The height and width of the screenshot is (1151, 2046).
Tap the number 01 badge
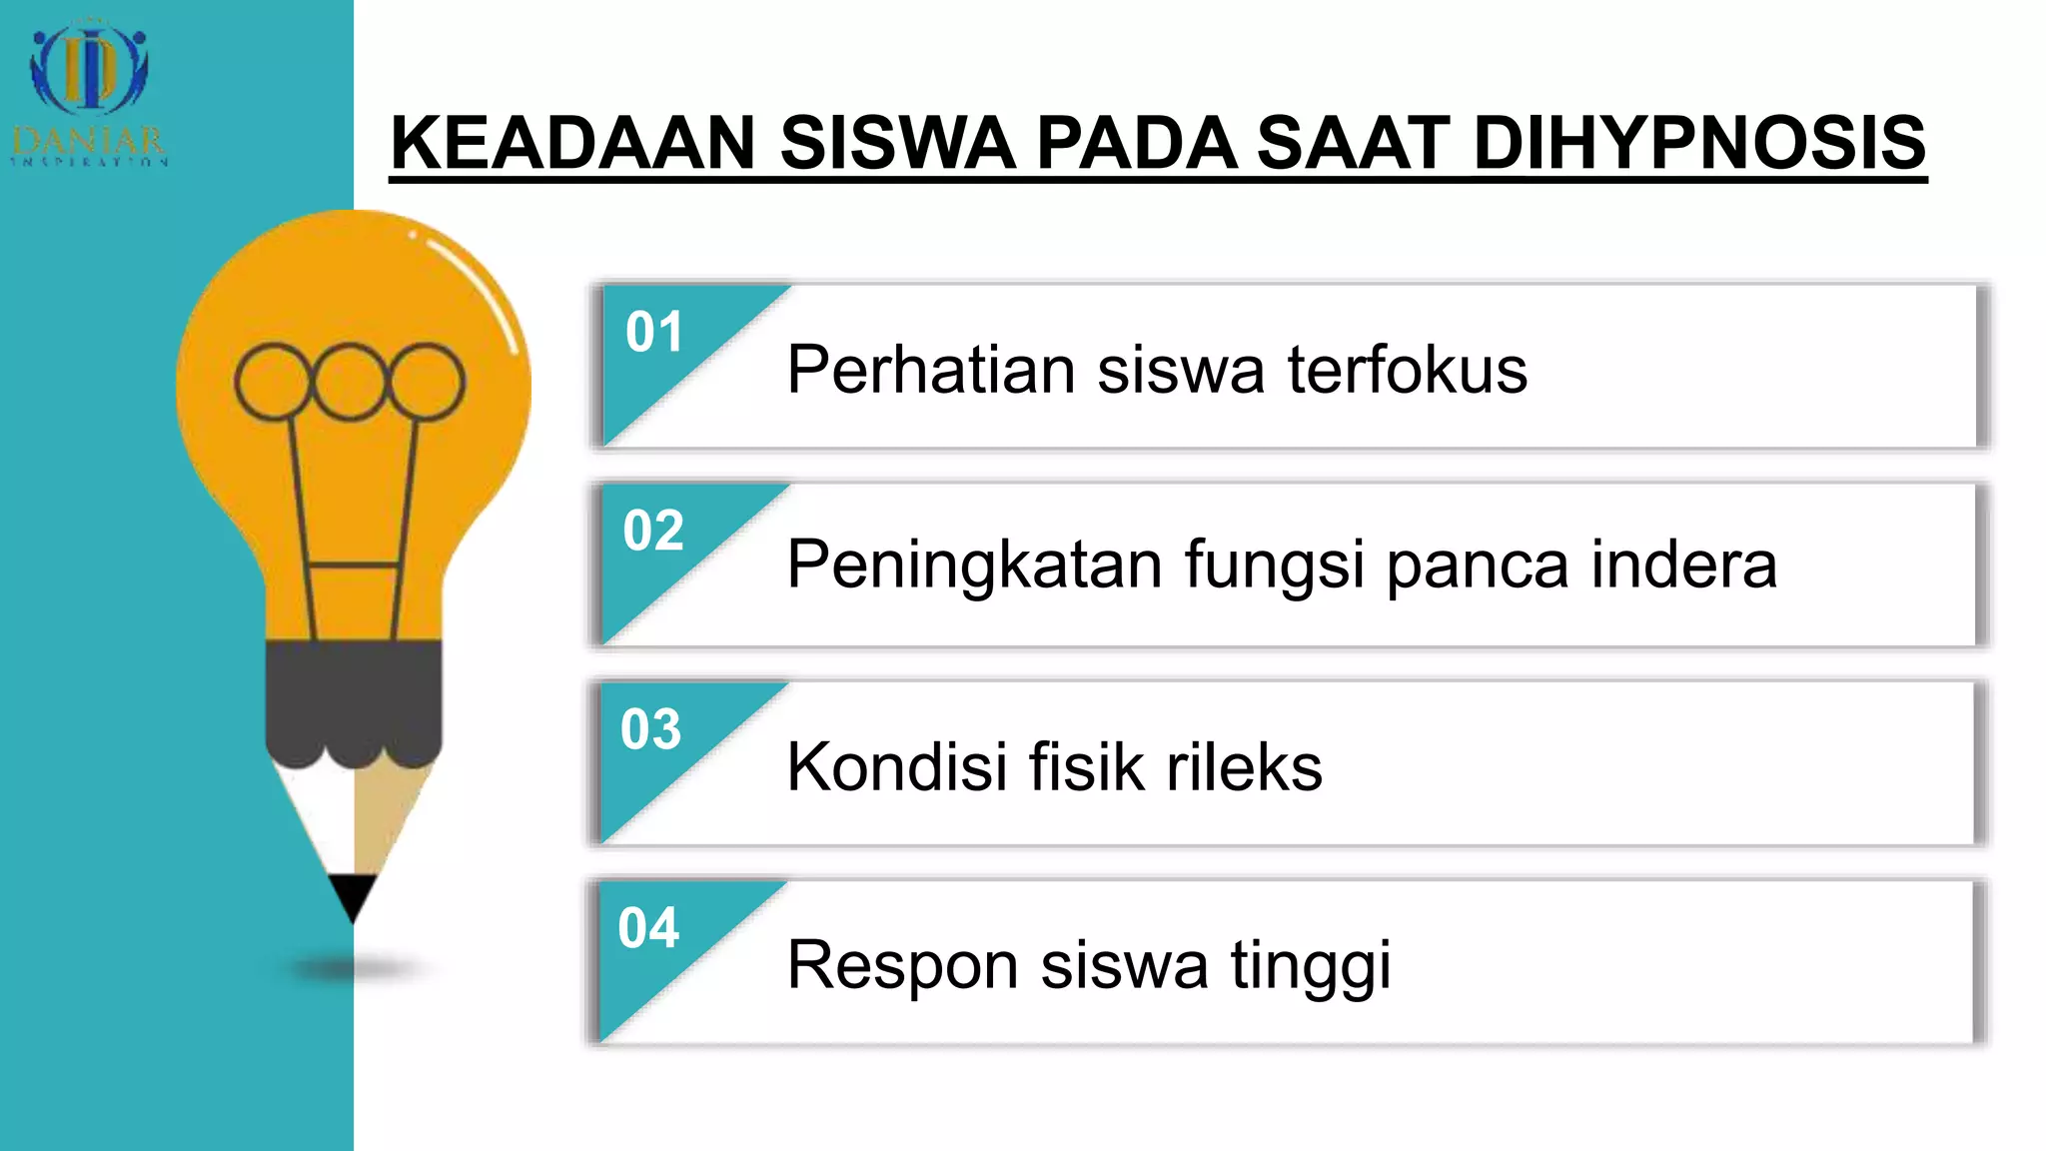(x=654, y=332)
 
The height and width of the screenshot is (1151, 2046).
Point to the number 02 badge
(x=653, y=531)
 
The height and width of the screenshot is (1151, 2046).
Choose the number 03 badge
(x=650, y=729)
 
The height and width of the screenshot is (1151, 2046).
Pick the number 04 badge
(x=648, y=928)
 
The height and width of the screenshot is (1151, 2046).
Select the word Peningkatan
(x=974, y=566)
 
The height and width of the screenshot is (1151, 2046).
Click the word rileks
(x=1244, y=767)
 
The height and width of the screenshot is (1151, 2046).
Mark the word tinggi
(x=1310, y=966)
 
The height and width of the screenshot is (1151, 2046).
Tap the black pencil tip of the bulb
(x=352, y=894)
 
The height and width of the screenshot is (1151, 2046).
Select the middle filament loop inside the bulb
(x=350, y=382)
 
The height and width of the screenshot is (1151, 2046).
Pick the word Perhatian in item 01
(x=930, y=370)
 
